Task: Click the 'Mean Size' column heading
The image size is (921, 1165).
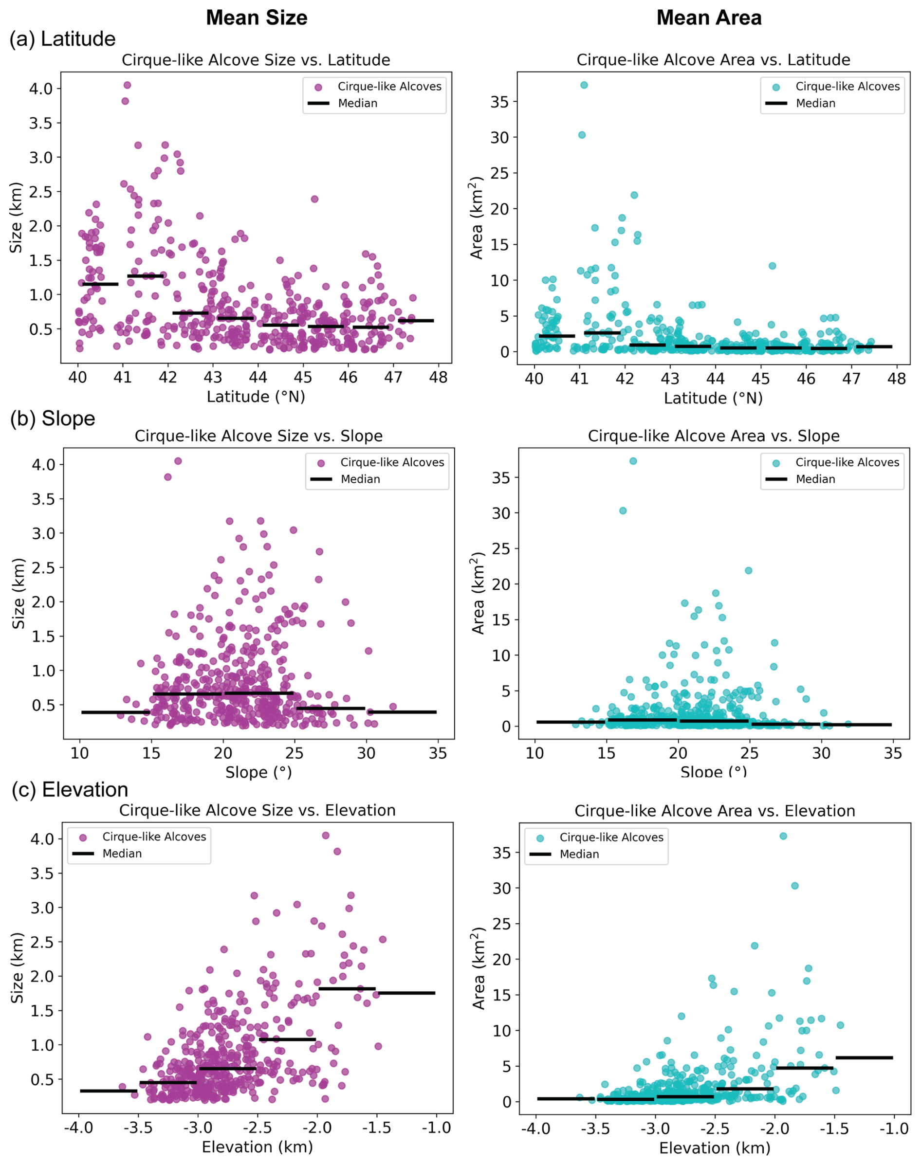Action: pos(257,18)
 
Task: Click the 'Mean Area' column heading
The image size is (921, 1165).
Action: pos(709,18)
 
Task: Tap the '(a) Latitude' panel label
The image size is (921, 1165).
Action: pos(62,39)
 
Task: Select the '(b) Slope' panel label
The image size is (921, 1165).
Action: pos(53,419)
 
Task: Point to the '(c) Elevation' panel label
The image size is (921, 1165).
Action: pos(70,790)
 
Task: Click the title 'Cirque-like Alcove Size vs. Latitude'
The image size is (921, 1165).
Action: pos(256,60)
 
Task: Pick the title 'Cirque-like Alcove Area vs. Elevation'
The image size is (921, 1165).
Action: pos(715,811)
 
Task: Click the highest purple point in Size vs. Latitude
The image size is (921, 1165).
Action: pos(127,85)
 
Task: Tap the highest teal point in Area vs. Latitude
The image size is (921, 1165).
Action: pos(584,85)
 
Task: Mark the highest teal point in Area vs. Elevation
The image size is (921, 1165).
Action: pos(783,836)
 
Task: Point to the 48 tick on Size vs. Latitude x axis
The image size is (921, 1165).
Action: pos(439,377)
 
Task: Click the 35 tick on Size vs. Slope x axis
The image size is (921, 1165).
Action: pos(438,753)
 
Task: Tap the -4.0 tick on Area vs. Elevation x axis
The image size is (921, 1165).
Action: pos(535,1129)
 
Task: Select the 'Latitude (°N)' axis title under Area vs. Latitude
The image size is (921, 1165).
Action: pos(713,398)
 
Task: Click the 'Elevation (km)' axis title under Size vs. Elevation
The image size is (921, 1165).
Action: pos(257,1147)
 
